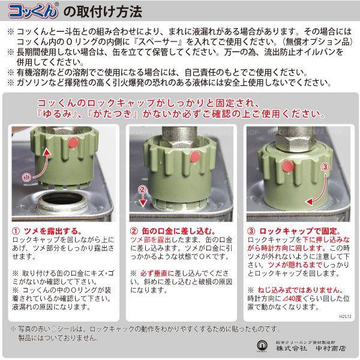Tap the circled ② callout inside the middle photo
pyautogui.click(x=142, y=191)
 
